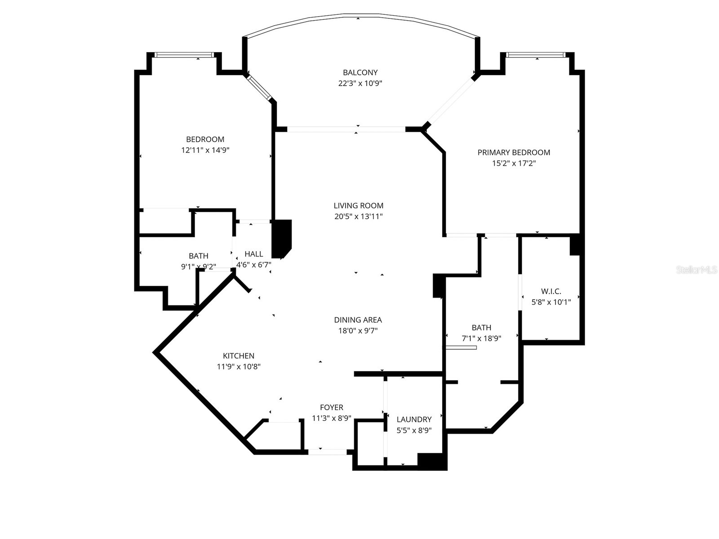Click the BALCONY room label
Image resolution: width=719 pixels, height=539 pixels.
[360, 72]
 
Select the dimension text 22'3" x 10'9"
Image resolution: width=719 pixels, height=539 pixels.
[360, 83]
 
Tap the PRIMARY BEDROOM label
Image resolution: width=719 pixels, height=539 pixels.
[514, 152]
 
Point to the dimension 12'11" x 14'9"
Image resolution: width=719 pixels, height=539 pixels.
[205, 150]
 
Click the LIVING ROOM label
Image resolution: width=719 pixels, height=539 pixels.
[358, 206]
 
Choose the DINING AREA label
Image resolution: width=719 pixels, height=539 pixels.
[358, 320]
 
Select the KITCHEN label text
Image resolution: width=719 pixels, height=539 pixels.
[239, 356]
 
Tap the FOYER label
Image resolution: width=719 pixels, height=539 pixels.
[332, 407]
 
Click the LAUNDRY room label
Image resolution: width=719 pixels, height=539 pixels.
[414, 419]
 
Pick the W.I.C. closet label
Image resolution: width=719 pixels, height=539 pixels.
[551, 291]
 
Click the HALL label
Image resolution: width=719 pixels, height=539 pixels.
[253, 254]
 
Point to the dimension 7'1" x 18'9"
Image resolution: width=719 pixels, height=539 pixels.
[481, 338]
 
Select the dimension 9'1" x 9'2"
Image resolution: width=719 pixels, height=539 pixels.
[198, 266]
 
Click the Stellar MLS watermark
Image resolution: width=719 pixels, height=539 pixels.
[696, 269]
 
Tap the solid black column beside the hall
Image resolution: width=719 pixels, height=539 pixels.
[282, 238]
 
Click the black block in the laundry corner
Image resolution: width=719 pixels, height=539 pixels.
[431, 461]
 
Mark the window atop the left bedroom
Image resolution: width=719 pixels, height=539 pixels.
[183, 55]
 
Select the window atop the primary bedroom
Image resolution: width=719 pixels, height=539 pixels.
[535, 55]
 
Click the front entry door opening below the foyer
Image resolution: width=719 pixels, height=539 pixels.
[328, 452]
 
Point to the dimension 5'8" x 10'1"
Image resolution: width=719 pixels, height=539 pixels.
[551, 302]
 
